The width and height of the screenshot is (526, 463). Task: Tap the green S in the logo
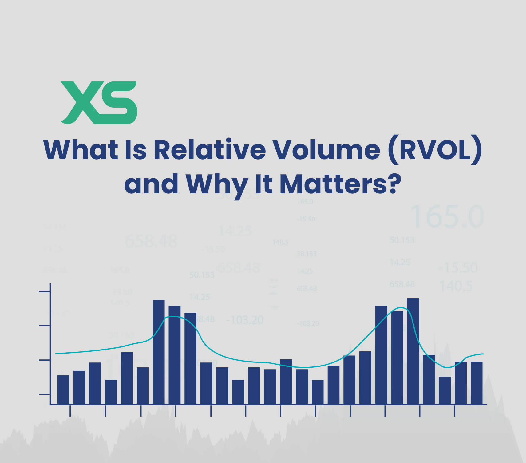(x=118, y=102)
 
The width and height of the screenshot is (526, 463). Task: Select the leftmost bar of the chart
(x=63, y=389)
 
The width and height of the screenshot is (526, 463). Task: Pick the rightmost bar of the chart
(x=476, y=382)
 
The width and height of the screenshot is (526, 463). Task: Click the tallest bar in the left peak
(x=159, y=352)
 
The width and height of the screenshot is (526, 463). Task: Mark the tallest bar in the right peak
(x=413, y=351)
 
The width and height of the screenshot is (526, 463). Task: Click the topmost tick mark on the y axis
(x=45, y=291)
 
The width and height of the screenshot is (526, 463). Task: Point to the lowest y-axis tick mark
(x=45, y=394)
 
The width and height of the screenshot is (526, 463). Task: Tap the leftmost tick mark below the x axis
(x=70, y=411)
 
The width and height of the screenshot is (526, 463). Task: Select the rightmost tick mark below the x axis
(x=454, y=411)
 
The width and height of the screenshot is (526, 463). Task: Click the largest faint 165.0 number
(x=447, y=217)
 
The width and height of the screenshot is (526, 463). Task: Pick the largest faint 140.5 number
(x=456, y=286)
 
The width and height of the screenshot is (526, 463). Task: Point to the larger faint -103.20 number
(x=245, y=320)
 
